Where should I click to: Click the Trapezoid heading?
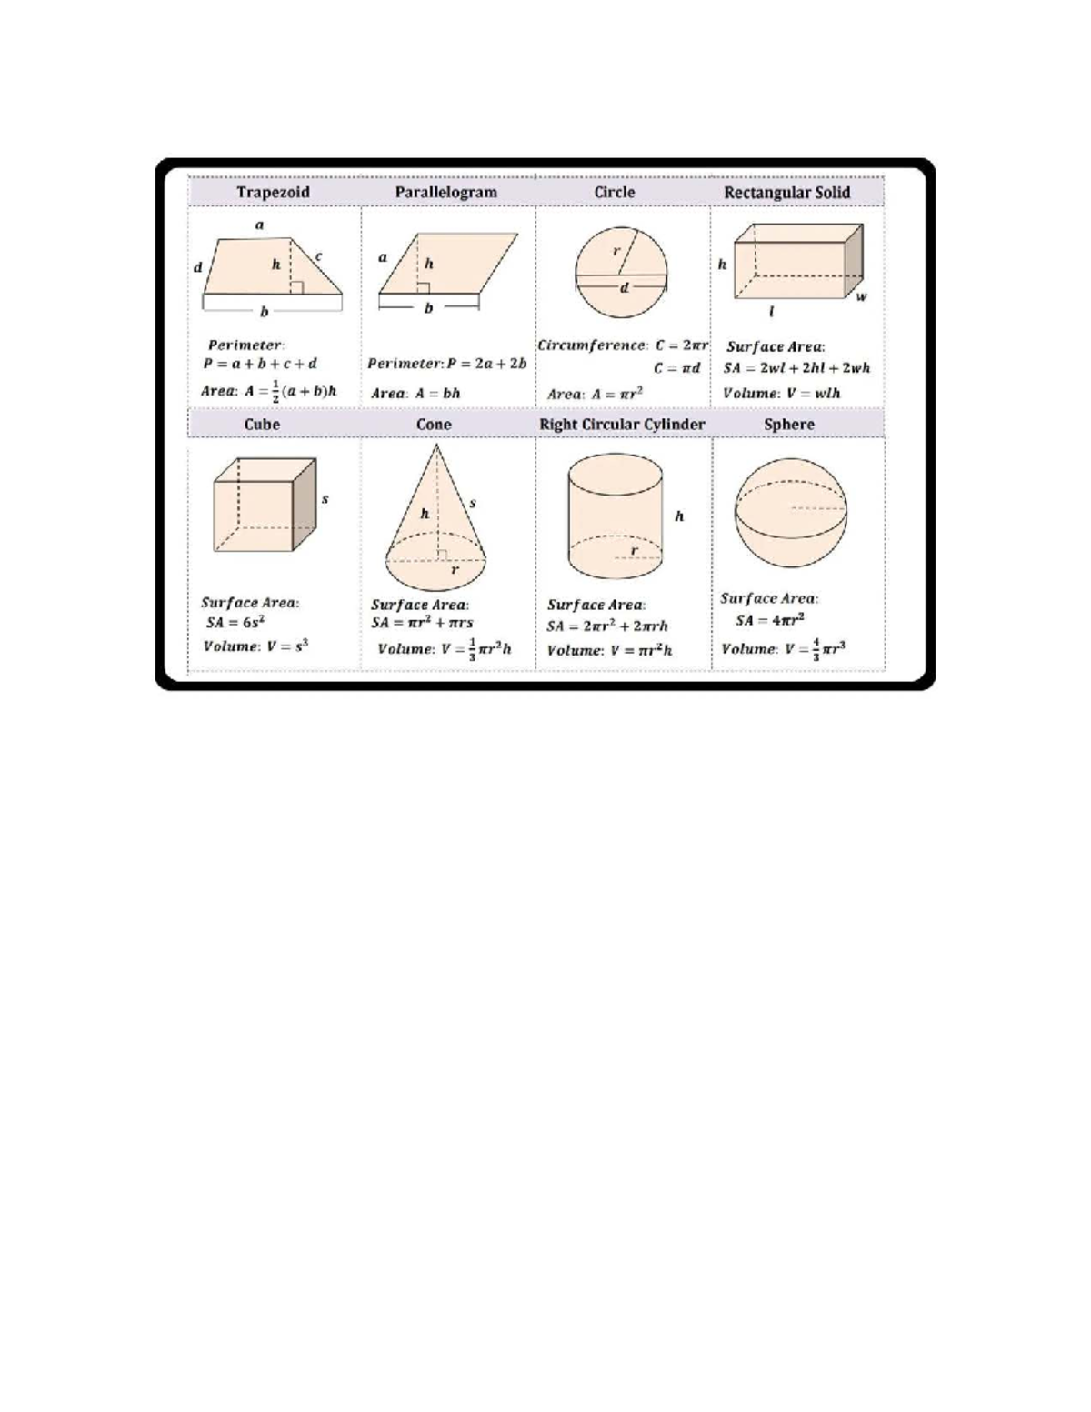click(273, 193)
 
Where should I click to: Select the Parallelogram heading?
click(445, 193)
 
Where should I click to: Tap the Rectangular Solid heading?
click(786, 193)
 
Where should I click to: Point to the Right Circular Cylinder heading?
click(622, 425)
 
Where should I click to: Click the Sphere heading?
click(789, 425)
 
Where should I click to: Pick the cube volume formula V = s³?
click(256, 646)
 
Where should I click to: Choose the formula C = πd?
click(677, 368)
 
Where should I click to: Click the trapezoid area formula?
click(269, 391)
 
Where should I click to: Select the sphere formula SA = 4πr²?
click(770, 620)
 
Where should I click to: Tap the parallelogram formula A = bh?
click(416, 394)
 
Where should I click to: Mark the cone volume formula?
click(445, 649)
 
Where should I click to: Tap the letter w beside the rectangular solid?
click(861, 296)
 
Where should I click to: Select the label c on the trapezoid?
click(319, 257)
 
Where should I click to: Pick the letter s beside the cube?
click(325, 499)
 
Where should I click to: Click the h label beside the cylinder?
click(679, 516)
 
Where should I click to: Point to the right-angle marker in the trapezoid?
click(296, 288)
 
